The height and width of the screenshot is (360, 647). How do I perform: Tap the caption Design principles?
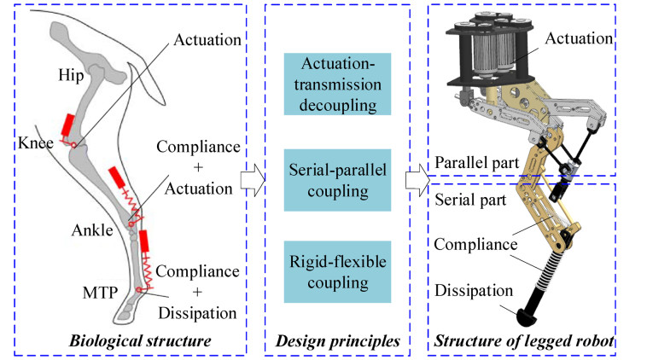tap(338, 343)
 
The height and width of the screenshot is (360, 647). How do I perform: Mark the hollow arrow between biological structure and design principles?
tap(252, 180)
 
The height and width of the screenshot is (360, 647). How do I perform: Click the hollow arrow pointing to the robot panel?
tap(416, 180)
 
